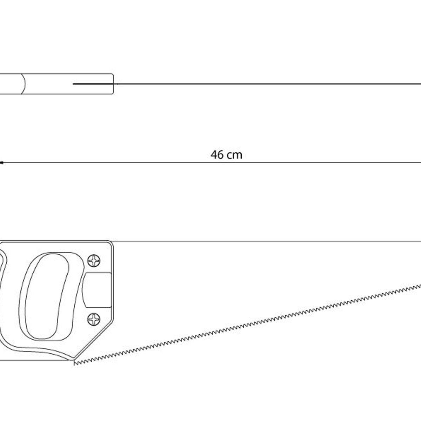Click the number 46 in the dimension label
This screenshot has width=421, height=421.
[217, 155]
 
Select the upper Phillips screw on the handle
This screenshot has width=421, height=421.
[94, 261]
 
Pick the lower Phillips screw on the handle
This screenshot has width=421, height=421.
[94, 319]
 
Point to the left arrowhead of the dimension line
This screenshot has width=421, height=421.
[1, 163]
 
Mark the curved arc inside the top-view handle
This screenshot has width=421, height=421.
[24, 84]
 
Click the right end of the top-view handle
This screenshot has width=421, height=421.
[113, 84]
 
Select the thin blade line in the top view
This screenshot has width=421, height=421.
[247, 84]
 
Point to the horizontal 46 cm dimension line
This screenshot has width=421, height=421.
[210, 163]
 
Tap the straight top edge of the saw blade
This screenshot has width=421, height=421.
[267, 241]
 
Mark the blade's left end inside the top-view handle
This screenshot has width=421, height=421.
[73, 84]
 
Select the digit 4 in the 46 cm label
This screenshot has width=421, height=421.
[214, 155]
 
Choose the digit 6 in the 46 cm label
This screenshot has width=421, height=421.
[221, 155]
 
